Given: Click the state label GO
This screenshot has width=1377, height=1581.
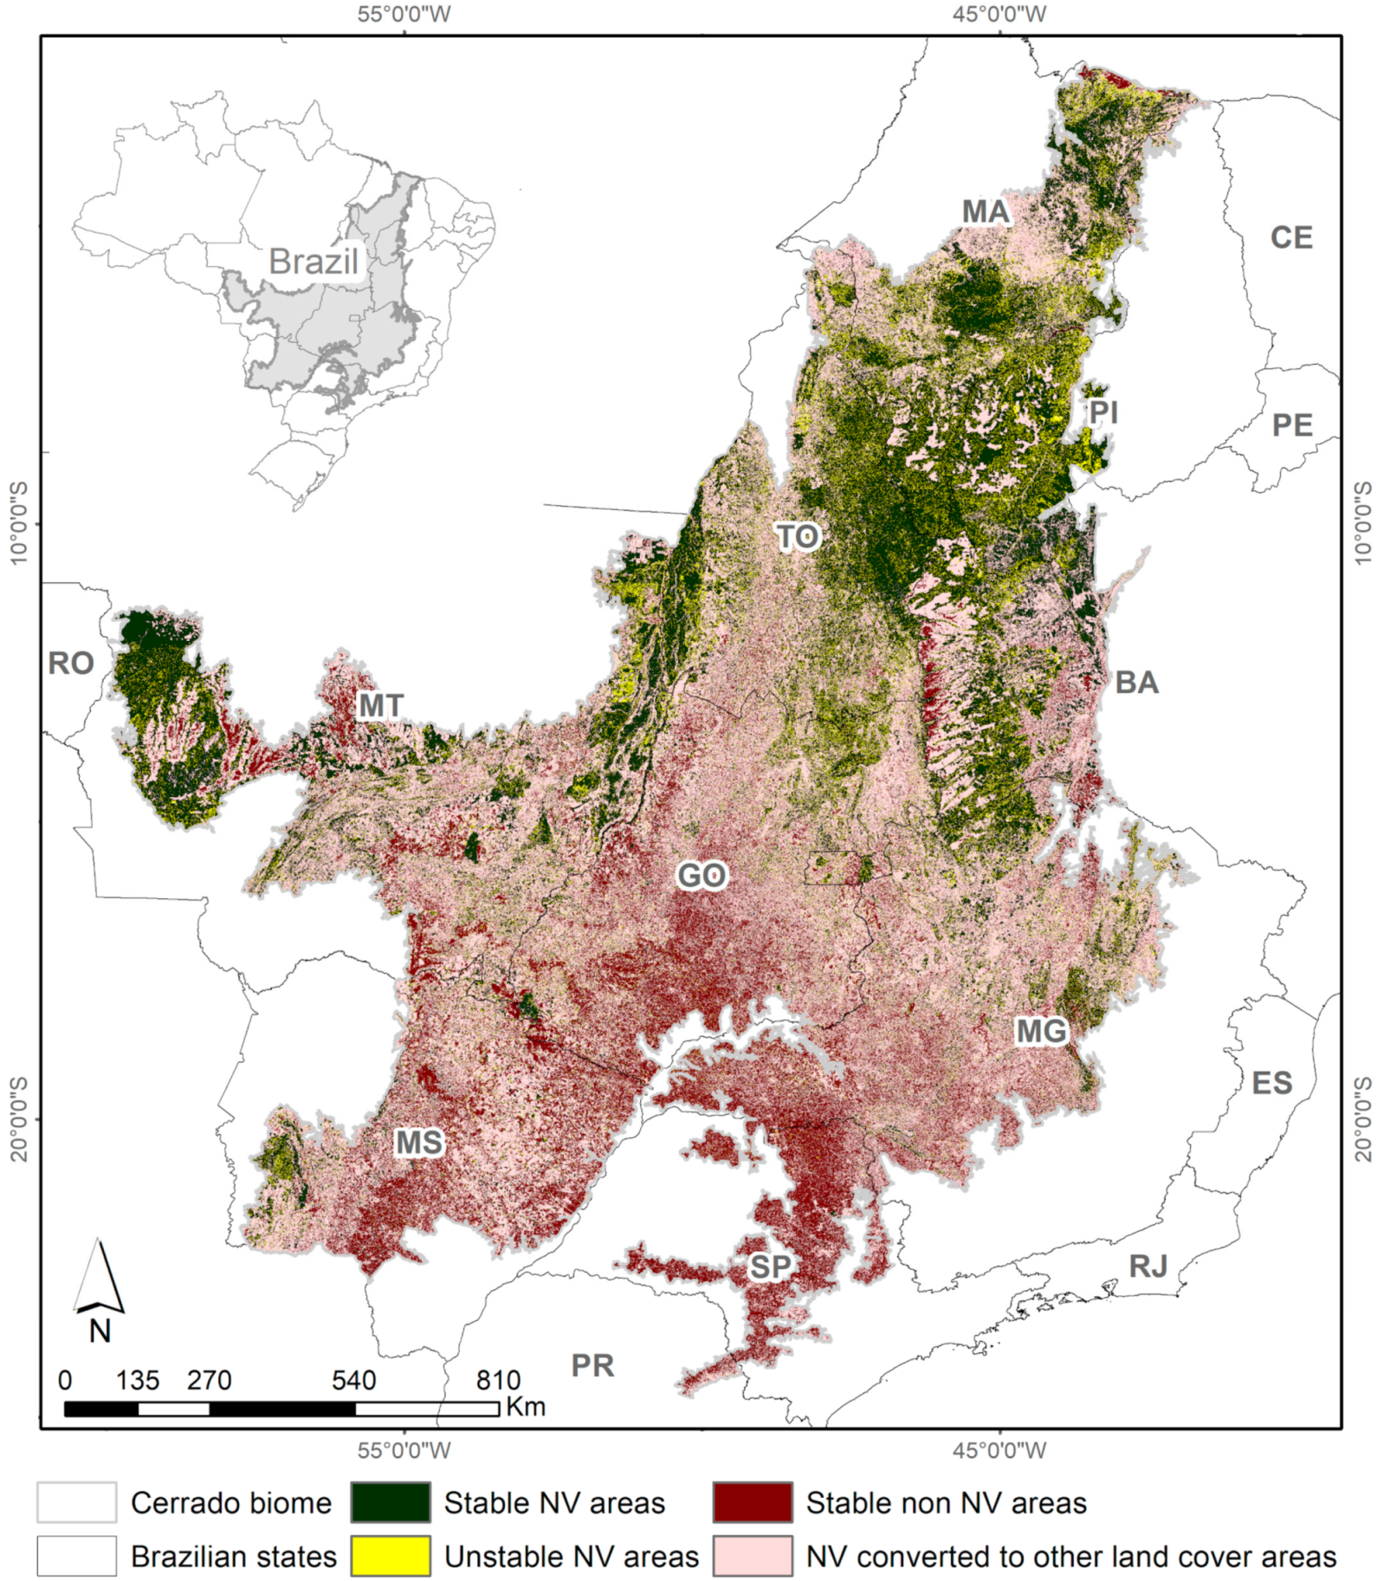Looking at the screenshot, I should click(701, 875).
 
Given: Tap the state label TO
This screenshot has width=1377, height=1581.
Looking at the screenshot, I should click(797, 537).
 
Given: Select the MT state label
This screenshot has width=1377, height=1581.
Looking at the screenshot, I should click(381, 706).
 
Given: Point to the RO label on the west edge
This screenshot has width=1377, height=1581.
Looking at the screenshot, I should click(71, 664).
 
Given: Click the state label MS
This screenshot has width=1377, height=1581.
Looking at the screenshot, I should click(419, 1144).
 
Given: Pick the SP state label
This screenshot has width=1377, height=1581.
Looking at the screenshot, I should click(770, 1267).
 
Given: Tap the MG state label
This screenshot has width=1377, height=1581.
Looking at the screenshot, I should click(1042, 1031).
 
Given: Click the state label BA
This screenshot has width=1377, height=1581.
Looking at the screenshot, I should click(1136, 683).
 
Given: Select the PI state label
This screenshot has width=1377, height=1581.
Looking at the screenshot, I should click(1103, 411).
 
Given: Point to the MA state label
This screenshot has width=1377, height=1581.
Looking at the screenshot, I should click(986, 211).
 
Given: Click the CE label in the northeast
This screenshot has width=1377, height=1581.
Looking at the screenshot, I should click(1291, 237).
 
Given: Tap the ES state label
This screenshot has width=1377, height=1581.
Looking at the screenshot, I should click(1271, 1083).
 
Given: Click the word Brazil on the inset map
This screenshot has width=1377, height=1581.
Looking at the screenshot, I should click(314, 262).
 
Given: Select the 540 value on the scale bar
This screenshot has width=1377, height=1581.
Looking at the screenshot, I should click(353, 1380).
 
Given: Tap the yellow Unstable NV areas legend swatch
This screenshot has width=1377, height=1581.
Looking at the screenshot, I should click(391, 1556).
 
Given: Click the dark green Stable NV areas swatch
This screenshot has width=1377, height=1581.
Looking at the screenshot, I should click(391, 1502).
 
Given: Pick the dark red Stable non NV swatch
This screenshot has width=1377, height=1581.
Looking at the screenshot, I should click(753, 1502).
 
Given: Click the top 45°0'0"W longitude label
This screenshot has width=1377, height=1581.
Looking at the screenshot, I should click(999, 14).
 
